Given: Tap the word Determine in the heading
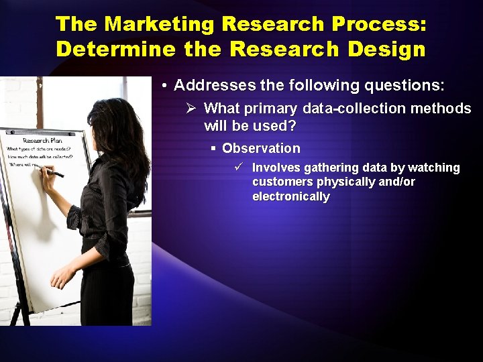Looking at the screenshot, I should (105, 49).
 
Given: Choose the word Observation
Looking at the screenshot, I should (261, 148).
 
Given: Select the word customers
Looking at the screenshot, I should (282, 182).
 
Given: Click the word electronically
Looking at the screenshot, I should (291, 196).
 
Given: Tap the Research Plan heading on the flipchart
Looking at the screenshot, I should (42, 140).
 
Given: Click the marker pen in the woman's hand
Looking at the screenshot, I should (54, 172).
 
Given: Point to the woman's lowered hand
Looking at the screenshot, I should (62, 276).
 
